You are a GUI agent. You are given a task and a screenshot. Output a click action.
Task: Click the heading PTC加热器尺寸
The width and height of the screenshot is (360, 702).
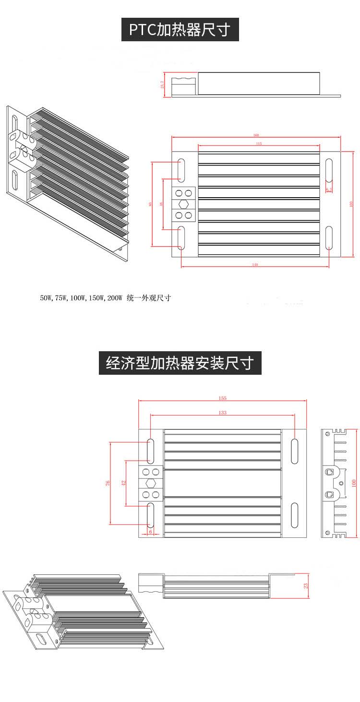(x=180, y=30)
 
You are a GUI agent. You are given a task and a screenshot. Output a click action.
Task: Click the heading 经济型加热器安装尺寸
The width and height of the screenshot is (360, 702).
(x=180, y=363)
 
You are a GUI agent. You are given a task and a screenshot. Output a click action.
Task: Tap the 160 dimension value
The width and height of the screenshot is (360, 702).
(x=256, y=135)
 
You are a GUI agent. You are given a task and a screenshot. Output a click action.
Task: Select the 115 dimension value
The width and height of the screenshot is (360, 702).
(x=259, y=143)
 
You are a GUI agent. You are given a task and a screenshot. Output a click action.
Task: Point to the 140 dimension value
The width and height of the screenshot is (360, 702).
(x=255, y=265)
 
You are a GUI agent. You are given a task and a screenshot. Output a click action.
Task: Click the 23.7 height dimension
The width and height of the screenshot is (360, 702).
(x=163, y=84)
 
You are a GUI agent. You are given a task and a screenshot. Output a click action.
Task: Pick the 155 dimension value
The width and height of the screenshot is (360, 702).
(x=222, y=398)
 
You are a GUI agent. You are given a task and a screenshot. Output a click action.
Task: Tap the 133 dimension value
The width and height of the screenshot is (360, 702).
(x=222, y=412)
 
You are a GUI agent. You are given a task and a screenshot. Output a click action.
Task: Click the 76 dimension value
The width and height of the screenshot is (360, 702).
(x=108, y=483)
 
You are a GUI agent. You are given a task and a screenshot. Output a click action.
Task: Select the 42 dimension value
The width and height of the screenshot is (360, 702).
(x=123, y=483)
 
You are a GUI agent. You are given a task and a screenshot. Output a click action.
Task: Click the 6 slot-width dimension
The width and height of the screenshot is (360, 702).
(x=151, y=531)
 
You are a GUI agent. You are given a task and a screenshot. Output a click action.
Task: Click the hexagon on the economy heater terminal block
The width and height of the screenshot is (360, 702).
(x=151, y=483)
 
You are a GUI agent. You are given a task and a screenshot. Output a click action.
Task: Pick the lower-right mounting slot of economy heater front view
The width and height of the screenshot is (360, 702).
(x=294, y=515)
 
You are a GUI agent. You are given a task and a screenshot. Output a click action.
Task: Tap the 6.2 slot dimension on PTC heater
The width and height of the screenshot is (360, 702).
(x=329, y=189)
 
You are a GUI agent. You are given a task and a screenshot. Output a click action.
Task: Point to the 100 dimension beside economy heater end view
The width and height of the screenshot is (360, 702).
(x=354, y=483)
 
